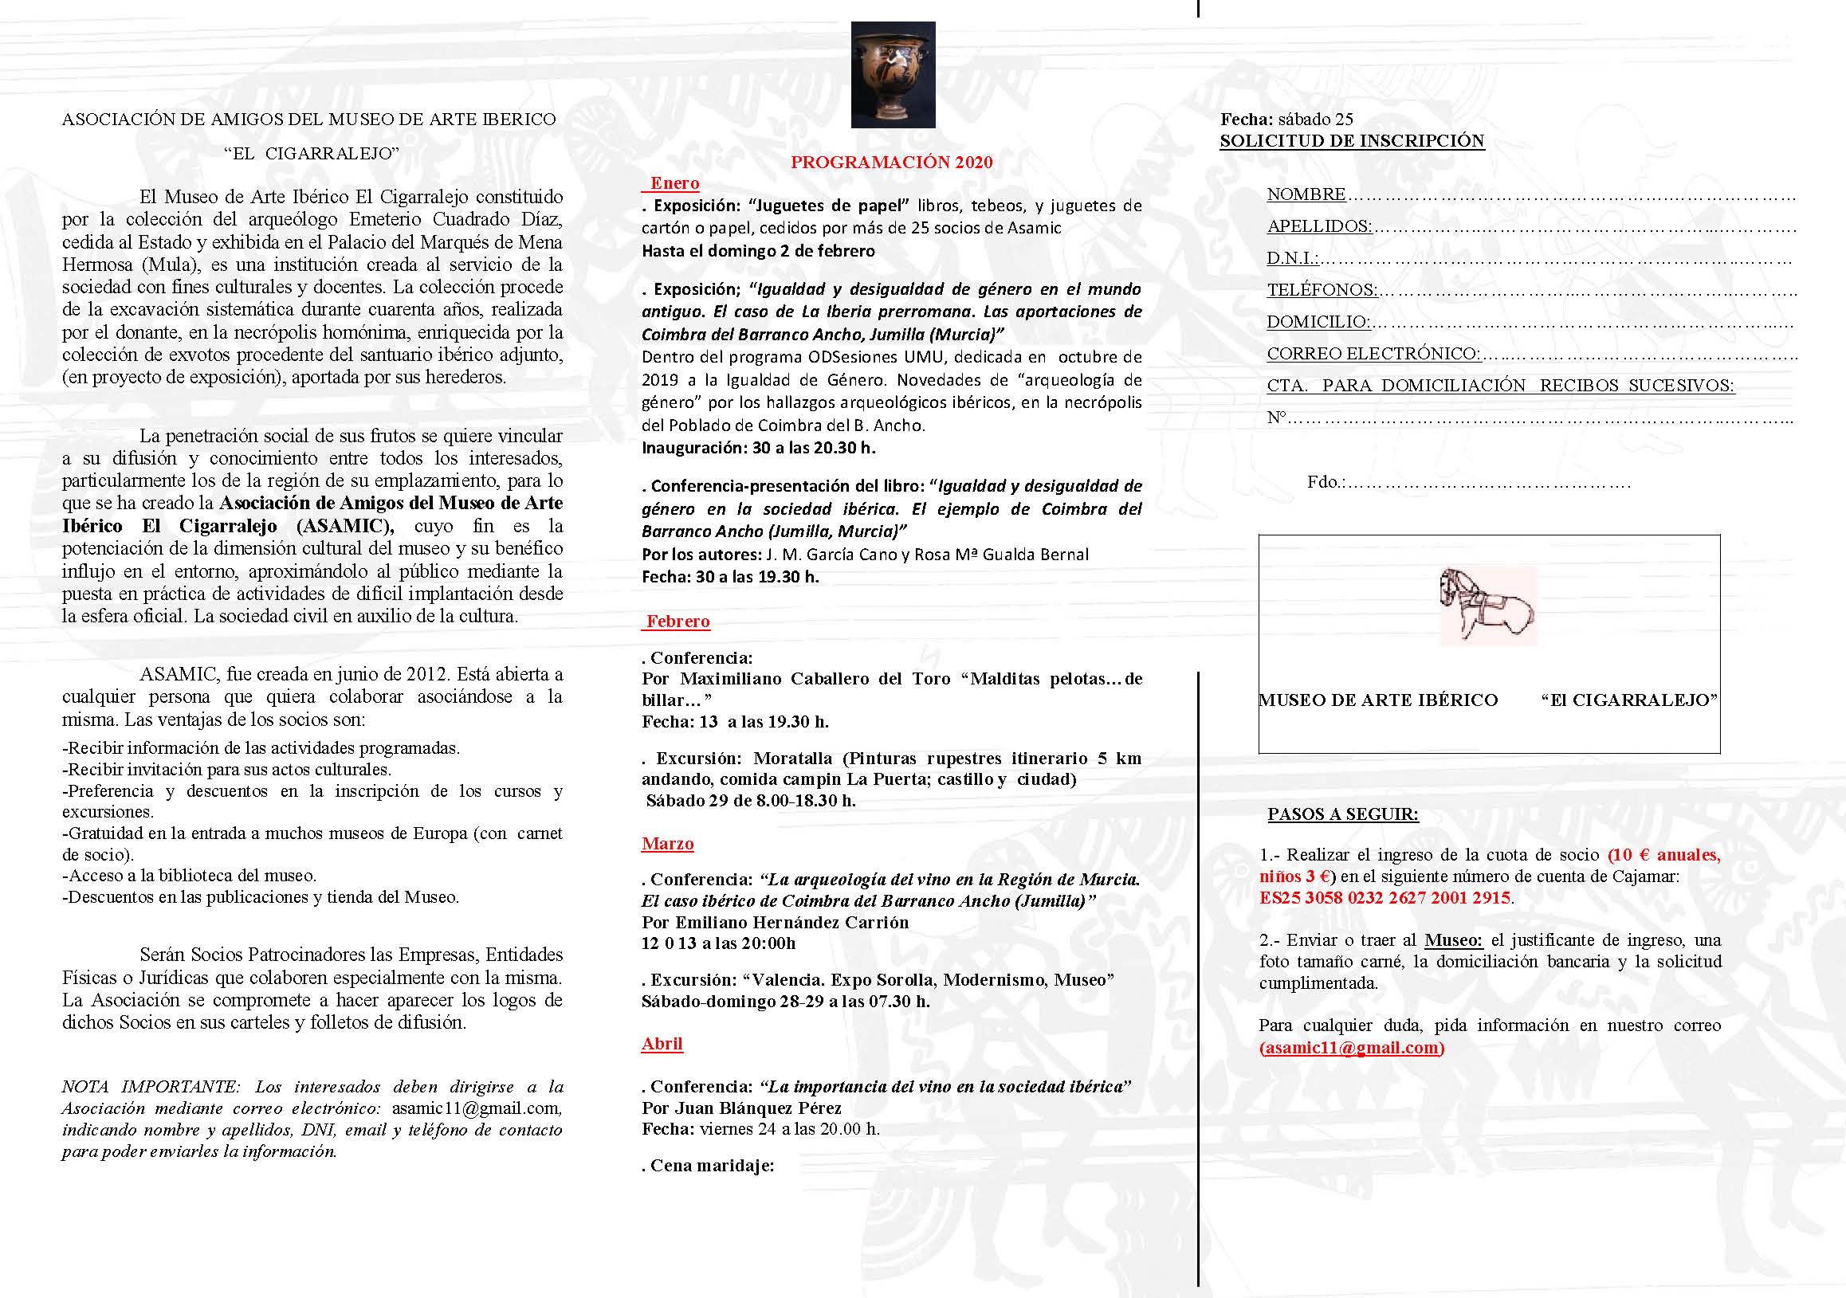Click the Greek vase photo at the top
[893, 74]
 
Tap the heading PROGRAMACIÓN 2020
[892, 163]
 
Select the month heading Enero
[674, 183]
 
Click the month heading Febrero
[678, 622]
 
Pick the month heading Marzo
[667, 843]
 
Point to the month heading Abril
[662, 1043]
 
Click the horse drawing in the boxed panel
[1487, 606]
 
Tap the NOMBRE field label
[1306, 194]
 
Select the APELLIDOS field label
[1318, 226]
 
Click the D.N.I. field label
[1292, 259]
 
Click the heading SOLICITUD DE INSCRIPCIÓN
[1352, 141]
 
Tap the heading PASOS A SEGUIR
[1343, 814]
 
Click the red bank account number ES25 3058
[1384, 898]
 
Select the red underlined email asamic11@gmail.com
[1352, 1047]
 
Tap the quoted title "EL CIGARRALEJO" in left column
[311, 153]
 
